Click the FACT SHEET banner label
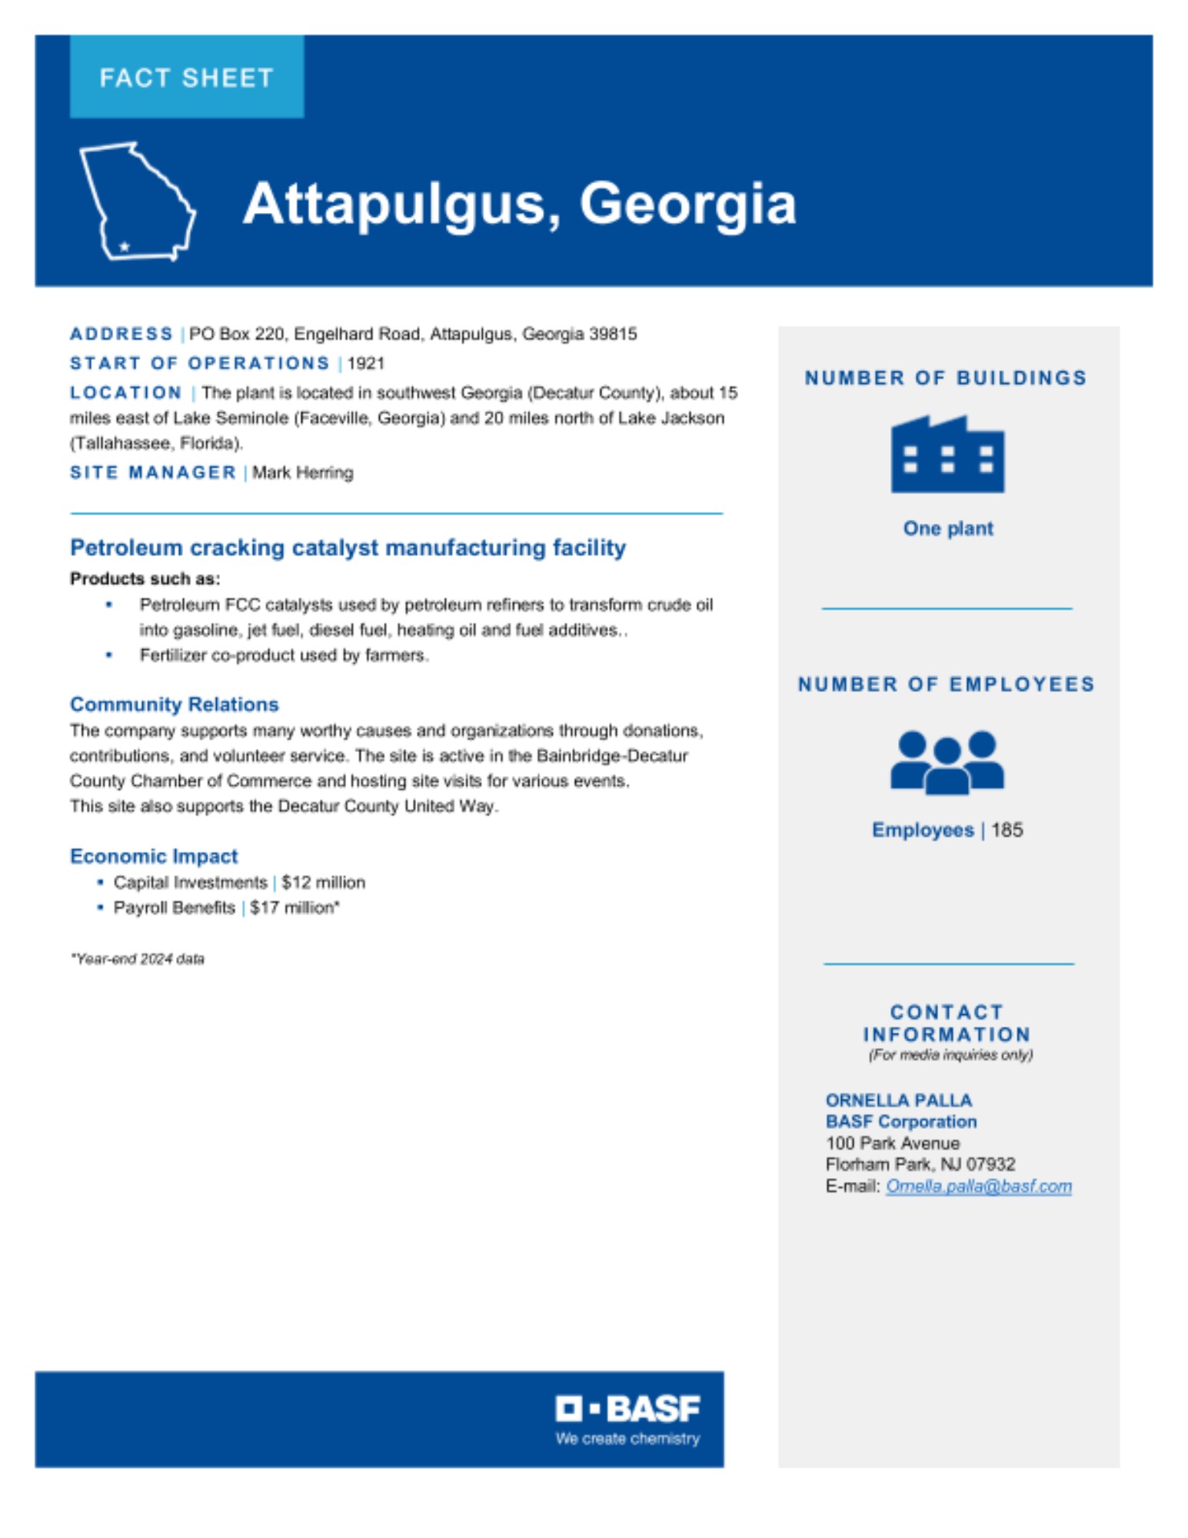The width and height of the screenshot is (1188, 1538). [x=186, y=78]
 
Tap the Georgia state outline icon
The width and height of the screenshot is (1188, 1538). [x=137, y=201]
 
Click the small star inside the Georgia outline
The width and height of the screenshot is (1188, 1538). [x=125, y=246]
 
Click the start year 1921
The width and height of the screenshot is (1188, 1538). [x=366, y=363]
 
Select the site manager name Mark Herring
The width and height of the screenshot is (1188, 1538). [x=303, y=472]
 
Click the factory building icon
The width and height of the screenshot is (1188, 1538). [x=947, y=454]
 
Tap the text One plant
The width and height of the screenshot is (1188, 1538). [x=948, y=528]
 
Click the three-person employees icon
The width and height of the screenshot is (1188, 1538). [x=947, y=762]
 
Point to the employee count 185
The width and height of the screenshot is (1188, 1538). [x=1007, y=830]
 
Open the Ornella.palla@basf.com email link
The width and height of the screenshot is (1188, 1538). [x=979, y=1186]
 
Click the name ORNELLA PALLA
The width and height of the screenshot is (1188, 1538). [x=899, y=1100]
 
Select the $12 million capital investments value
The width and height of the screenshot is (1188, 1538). [x=324, y=882]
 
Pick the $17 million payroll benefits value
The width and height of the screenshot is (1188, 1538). [x=295, y=907]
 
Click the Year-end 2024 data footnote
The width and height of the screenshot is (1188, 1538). [x=138, y=959]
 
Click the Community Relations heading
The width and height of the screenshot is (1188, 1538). [x=175, y=704]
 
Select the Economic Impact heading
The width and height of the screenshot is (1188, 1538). [x=154, y=856]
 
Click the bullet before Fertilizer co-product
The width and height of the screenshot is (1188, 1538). [x=109, y=655]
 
